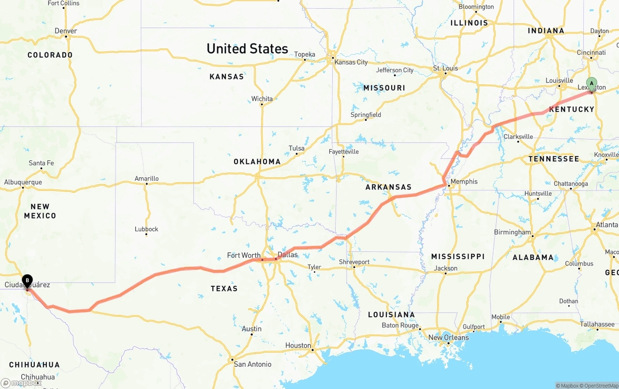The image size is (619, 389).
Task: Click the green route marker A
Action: click(591, 84)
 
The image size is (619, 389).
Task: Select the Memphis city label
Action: click(464, 182)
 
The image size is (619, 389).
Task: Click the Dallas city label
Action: click(288, 254)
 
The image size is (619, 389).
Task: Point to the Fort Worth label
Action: click(244, 255)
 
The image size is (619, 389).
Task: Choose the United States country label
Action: click(247, 48)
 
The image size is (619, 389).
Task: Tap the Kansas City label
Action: click(351, 62)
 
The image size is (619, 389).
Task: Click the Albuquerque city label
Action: click(23, 182)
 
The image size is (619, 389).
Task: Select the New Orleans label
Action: click(448, 337)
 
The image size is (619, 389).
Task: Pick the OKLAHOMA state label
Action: click(257, 161)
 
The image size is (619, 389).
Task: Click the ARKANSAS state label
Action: click(388, 187)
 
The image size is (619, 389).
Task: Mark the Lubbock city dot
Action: click(146, 234)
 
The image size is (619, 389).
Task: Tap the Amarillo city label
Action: click(147, 178)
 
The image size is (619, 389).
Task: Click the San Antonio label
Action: click(252, 364)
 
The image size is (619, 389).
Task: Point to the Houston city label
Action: click(298, 345)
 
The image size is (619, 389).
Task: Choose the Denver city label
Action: click(66, 31)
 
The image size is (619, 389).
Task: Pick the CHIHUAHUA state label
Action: click(34, 365)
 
